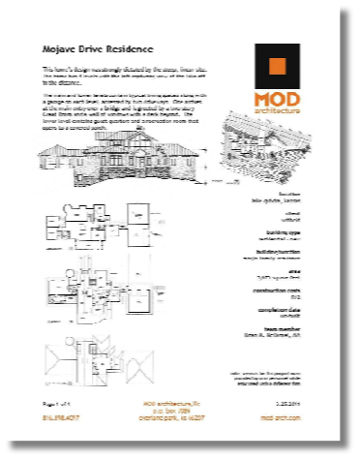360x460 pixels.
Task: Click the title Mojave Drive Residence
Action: click(98, 46)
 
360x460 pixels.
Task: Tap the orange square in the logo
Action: click(278, 67)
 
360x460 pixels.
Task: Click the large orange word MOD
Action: click(278, 100)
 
